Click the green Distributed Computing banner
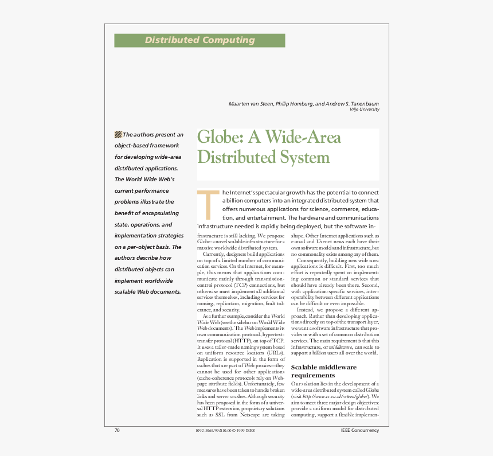199,40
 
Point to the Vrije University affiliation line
364,110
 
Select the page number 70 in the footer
117,430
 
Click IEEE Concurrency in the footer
359,430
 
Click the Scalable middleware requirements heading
324,371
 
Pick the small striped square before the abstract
118,134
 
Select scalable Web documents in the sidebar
147,291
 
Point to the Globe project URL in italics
339,396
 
